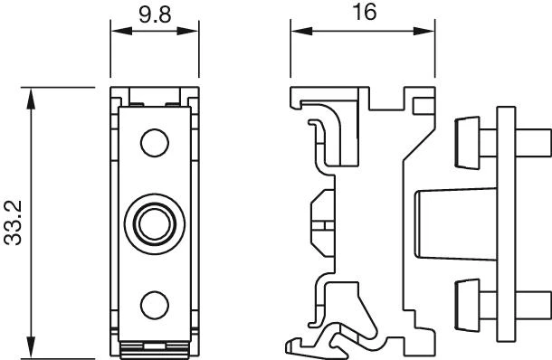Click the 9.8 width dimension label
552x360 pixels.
click(x=155, y=14)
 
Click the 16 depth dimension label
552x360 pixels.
click(x=365, y=12)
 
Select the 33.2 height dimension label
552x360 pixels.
click(x=13, y=223)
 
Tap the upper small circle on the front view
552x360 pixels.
click(x=155, y=143)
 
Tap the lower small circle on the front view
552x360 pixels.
click(x=155, y=305)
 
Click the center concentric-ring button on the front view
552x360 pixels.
click(x=155, y=224)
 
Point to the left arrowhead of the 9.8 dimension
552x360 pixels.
click(x=122, y=31)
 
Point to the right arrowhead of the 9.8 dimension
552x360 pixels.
click(x=187, y=31)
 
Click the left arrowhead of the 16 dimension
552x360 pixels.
click(x=301, y=31)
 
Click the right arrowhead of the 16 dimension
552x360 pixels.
click(x=424, y=31)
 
